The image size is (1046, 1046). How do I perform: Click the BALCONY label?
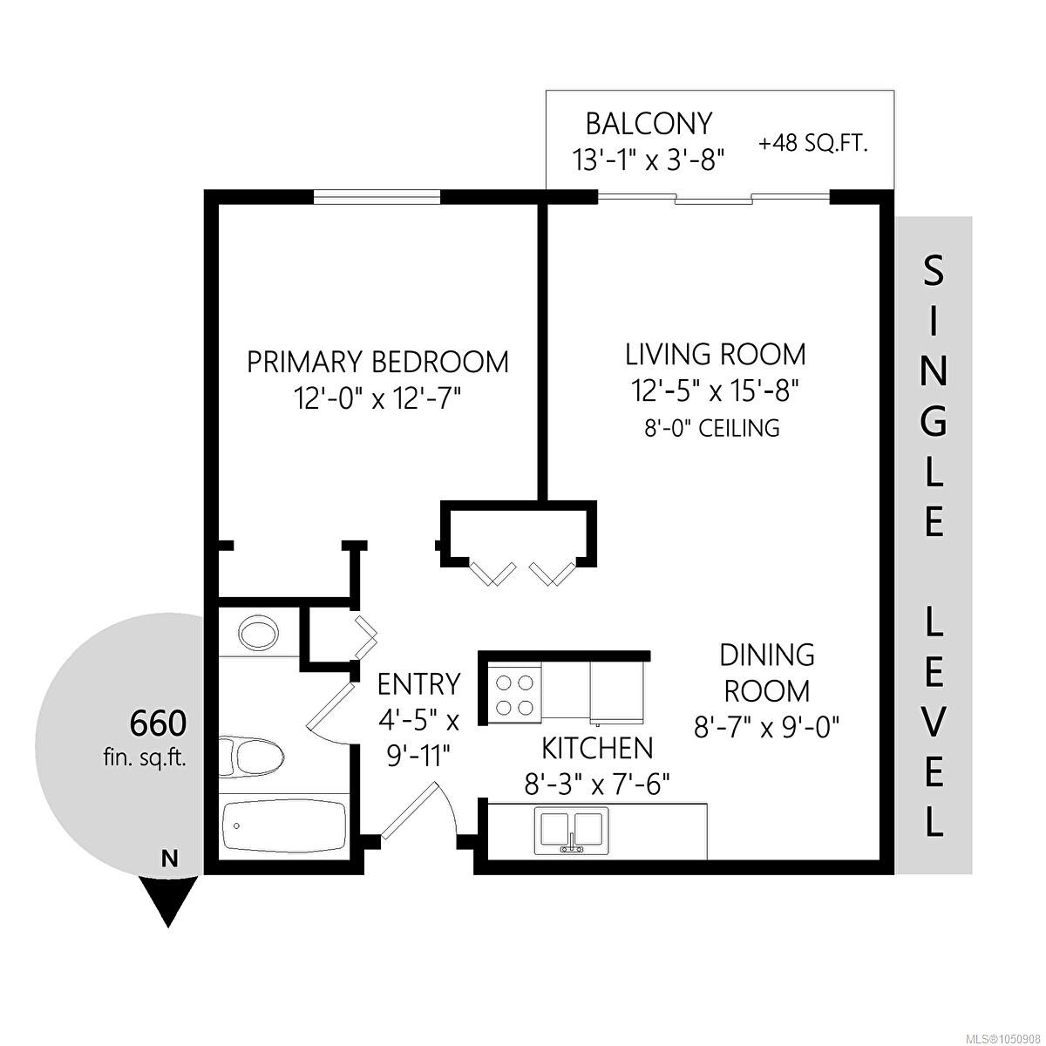[649, 124]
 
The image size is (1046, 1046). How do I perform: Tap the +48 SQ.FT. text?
[812, 145]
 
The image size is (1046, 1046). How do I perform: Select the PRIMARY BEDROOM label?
[377, 362]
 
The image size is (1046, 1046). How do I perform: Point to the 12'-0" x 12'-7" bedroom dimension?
[377, 399]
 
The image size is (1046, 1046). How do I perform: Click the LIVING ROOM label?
[716, 355]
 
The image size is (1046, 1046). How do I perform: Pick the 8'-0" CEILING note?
[711, 428]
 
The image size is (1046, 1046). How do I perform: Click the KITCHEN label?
[597, 749]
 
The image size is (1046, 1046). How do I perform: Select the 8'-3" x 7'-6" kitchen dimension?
[597, 784]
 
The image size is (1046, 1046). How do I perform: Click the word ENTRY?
[418, 684]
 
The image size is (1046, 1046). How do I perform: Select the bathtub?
[282, 826]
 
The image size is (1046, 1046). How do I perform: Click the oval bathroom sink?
[258, 632]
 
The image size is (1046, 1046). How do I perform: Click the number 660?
[158, 723]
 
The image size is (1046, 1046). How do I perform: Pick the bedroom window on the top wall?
[377, 196]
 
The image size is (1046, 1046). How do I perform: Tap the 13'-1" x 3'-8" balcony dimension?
[649, 160]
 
